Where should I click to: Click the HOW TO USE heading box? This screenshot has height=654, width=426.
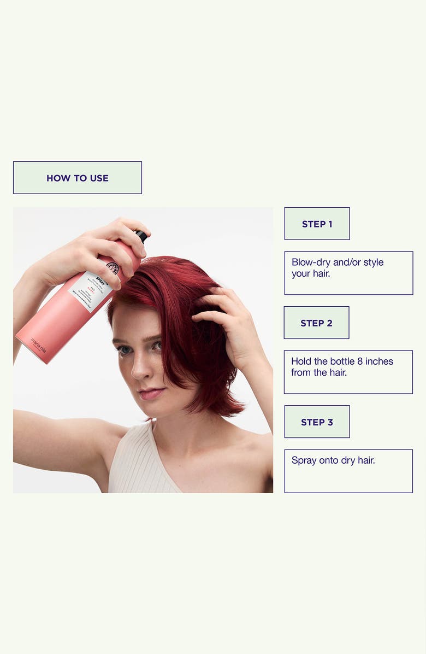click(78, 178)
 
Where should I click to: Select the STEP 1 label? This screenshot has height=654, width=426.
click(317, 224)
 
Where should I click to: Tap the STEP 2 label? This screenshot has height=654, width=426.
click(316, 323)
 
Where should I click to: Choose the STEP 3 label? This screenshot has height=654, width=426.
click(317, 422)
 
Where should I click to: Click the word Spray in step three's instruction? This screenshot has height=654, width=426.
click(304, 460)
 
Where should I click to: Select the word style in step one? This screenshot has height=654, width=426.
click(373, 262)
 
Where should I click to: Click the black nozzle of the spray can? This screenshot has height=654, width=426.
click(142, 236)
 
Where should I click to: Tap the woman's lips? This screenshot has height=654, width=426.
click(151, 393)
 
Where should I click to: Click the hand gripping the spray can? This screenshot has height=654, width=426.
click(104, 252)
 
